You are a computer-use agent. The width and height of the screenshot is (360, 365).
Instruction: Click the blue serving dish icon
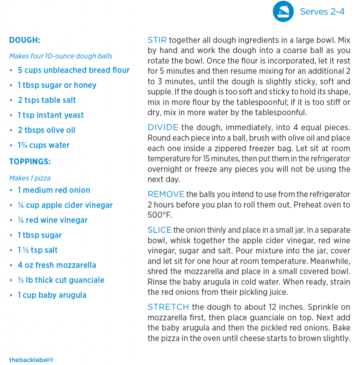(x=283, y=11)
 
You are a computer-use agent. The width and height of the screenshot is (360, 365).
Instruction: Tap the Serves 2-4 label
(x=322, y=11)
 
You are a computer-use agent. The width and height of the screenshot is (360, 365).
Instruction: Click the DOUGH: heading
(x=25, y=40)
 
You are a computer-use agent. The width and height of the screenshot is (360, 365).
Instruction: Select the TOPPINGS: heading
(x=30, y=161)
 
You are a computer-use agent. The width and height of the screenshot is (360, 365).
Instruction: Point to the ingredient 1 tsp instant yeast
(x=51, y=115)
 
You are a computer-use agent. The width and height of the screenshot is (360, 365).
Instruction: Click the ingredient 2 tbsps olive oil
(x=46, y=130)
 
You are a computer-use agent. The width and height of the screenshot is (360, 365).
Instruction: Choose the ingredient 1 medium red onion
(x=54, y=190)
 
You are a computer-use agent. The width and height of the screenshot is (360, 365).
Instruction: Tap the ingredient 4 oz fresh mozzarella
(x=57, y=265)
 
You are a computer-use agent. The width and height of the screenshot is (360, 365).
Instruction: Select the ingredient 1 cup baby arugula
(x=52, y=295)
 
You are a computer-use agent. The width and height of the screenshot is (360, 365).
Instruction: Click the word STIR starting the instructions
(x=157, y=40)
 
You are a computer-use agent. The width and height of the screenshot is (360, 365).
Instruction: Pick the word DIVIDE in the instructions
(x=163, y=127)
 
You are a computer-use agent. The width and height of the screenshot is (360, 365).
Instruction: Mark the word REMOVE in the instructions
(x=166, y=194)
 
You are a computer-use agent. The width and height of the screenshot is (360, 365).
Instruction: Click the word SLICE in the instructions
(x=159, y=230)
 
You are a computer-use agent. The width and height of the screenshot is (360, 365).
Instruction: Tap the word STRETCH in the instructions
(x=168, y=307)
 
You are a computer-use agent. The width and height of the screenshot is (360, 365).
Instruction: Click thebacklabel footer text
(x=31, y=360)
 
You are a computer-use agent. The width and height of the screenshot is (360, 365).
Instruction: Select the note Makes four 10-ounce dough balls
(x=61, y=56)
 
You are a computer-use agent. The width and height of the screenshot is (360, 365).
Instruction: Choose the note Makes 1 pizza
(x=30, y=178)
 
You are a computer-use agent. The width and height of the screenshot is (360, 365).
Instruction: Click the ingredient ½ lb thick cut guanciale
(x=61, y=280)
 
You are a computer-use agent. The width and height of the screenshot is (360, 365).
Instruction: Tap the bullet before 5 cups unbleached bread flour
(x=11, y=70)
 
